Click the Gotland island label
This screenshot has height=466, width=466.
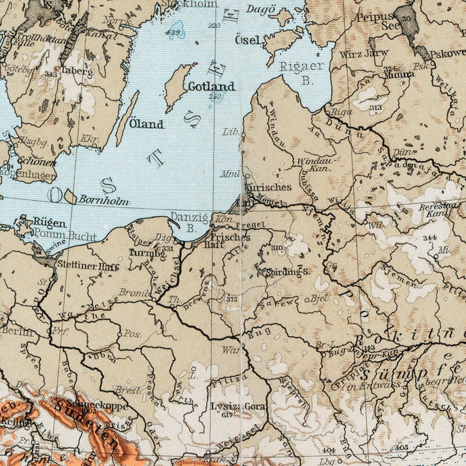pyautogui.click(x=212, y=86)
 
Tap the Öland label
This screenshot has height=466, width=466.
pyautogui.click(x=146, y=124)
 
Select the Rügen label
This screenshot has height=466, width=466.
pyautogui.click(x=49, y=223)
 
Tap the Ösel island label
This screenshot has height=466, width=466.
pyautogui.click(x=249, y=41)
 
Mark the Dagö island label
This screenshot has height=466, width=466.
pyautogui.click(x=261, y=10)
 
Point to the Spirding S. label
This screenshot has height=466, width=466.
pyautogui.click(x=288, y=272)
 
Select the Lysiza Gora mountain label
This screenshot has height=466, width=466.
pyautogui.click(x=238, y=406)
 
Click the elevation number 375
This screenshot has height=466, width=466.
pyautogui.click(x=231, y=299)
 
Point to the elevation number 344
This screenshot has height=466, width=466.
pyautogui.click(x=430, y=238)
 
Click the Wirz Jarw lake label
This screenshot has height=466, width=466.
pyautogui.click(x=364, y=54)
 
